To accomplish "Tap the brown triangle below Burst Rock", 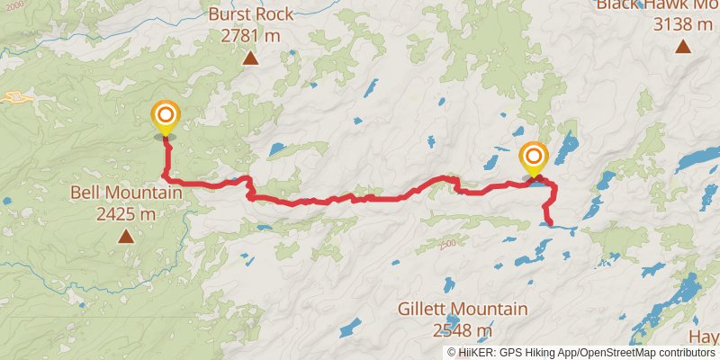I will pyautogui.click(x=249, y=59).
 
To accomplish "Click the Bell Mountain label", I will pyautogui.click(x=126, y=193).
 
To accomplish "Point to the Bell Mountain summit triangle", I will pyautogui.click(x=126, y=237).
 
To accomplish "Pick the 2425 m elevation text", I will pyautogui.click(x=126, y=214).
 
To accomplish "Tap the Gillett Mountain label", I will pyautogui.click(x=463, y=309).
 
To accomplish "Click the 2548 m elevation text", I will pyautogui.click(x=463, y=329).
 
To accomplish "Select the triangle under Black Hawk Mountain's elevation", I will pyautogui.click(x=682, y=46).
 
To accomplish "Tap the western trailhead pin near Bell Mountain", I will pyautogui.click(x=166, y=118).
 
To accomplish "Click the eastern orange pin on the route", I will pyautogui.click(x=533, y=158).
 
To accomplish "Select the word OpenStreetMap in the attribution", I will pyautogui.click(x=631, y=352).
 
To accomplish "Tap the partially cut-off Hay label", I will pyautogui.click(x=704, y=335).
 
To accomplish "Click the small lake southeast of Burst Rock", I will pyautogui.click(x=277, y=148).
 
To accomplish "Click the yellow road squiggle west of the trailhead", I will pyautogui.click(x=18, y=96).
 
